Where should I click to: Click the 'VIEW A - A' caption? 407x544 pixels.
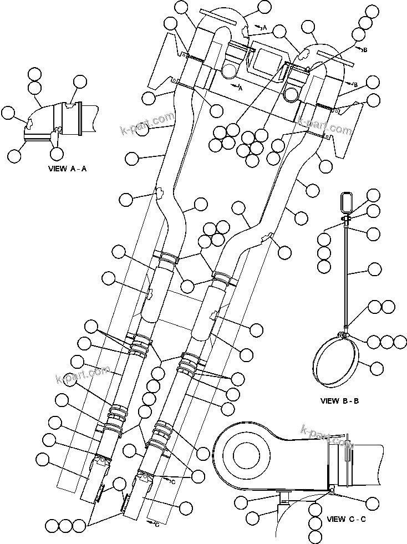point(67,169)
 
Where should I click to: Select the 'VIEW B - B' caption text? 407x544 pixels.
point(340,400)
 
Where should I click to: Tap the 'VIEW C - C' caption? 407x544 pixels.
point(347,519)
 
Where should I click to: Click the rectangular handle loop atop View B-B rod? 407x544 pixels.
point(347,202)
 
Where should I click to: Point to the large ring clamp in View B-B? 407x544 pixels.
point(335,363)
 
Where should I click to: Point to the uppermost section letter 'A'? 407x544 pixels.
point(264,27)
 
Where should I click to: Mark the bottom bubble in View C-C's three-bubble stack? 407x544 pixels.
point(316,536)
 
